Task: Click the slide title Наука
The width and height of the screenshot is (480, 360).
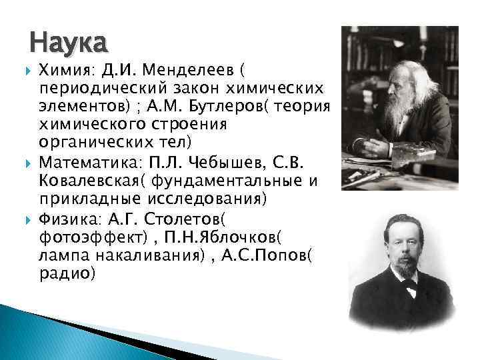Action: [68, 43]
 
